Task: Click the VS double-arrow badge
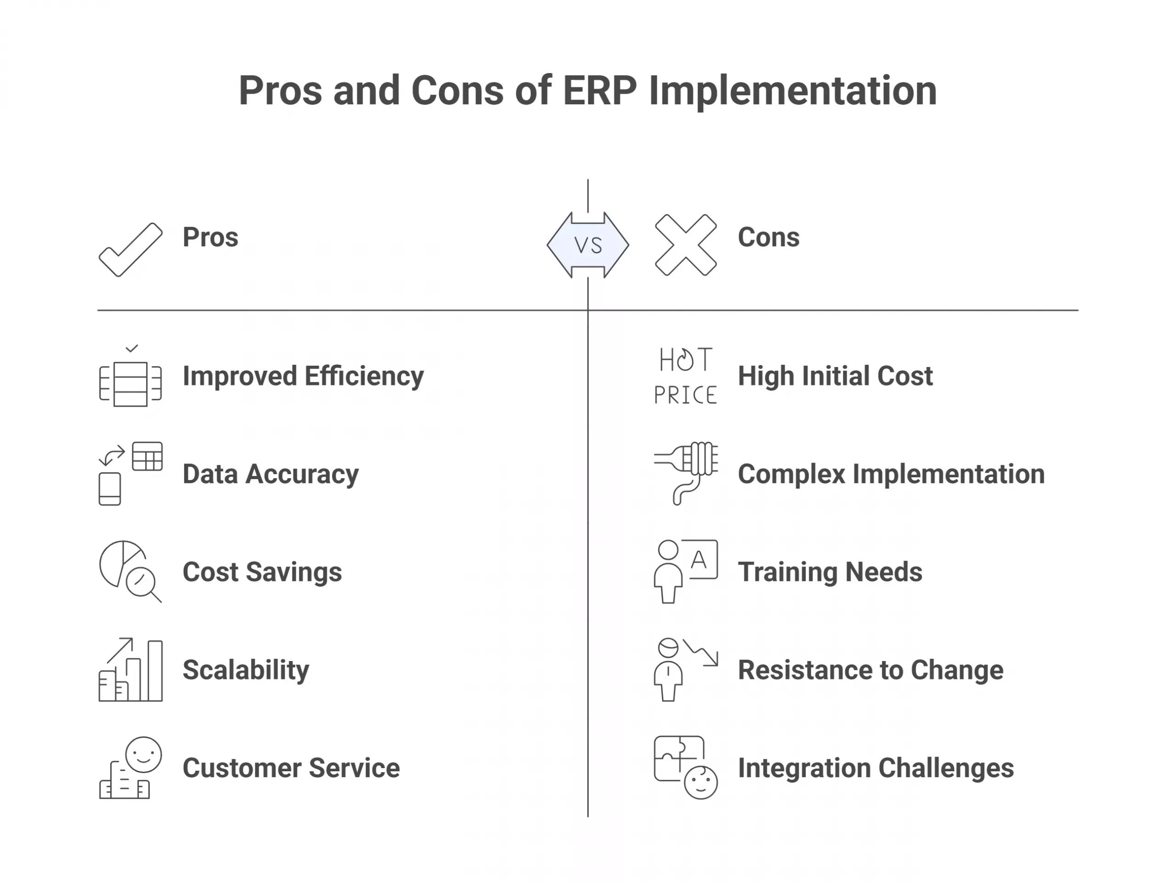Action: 588,245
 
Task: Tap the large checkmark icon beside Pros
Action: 131,250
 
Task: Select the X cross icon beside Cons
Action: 685,245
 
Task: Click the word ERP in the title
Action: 599,91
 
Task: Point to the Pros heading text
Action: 210,237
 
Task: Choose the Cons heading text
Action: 768,237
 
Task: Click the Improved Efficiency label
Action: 303,376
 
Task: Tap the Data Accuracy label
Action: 271,474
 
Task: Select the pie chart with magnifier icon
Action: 130,571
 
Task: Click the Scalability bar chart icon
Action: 131,670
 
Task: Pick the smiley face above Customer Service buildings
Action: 143,754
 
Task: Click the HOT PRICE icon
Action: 685,376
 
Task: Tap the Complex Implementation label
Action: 891,474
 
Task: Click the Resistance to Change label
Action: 871,670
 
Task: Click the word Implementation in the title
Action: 793,91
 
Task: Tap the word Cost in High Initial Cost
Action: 905,376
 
